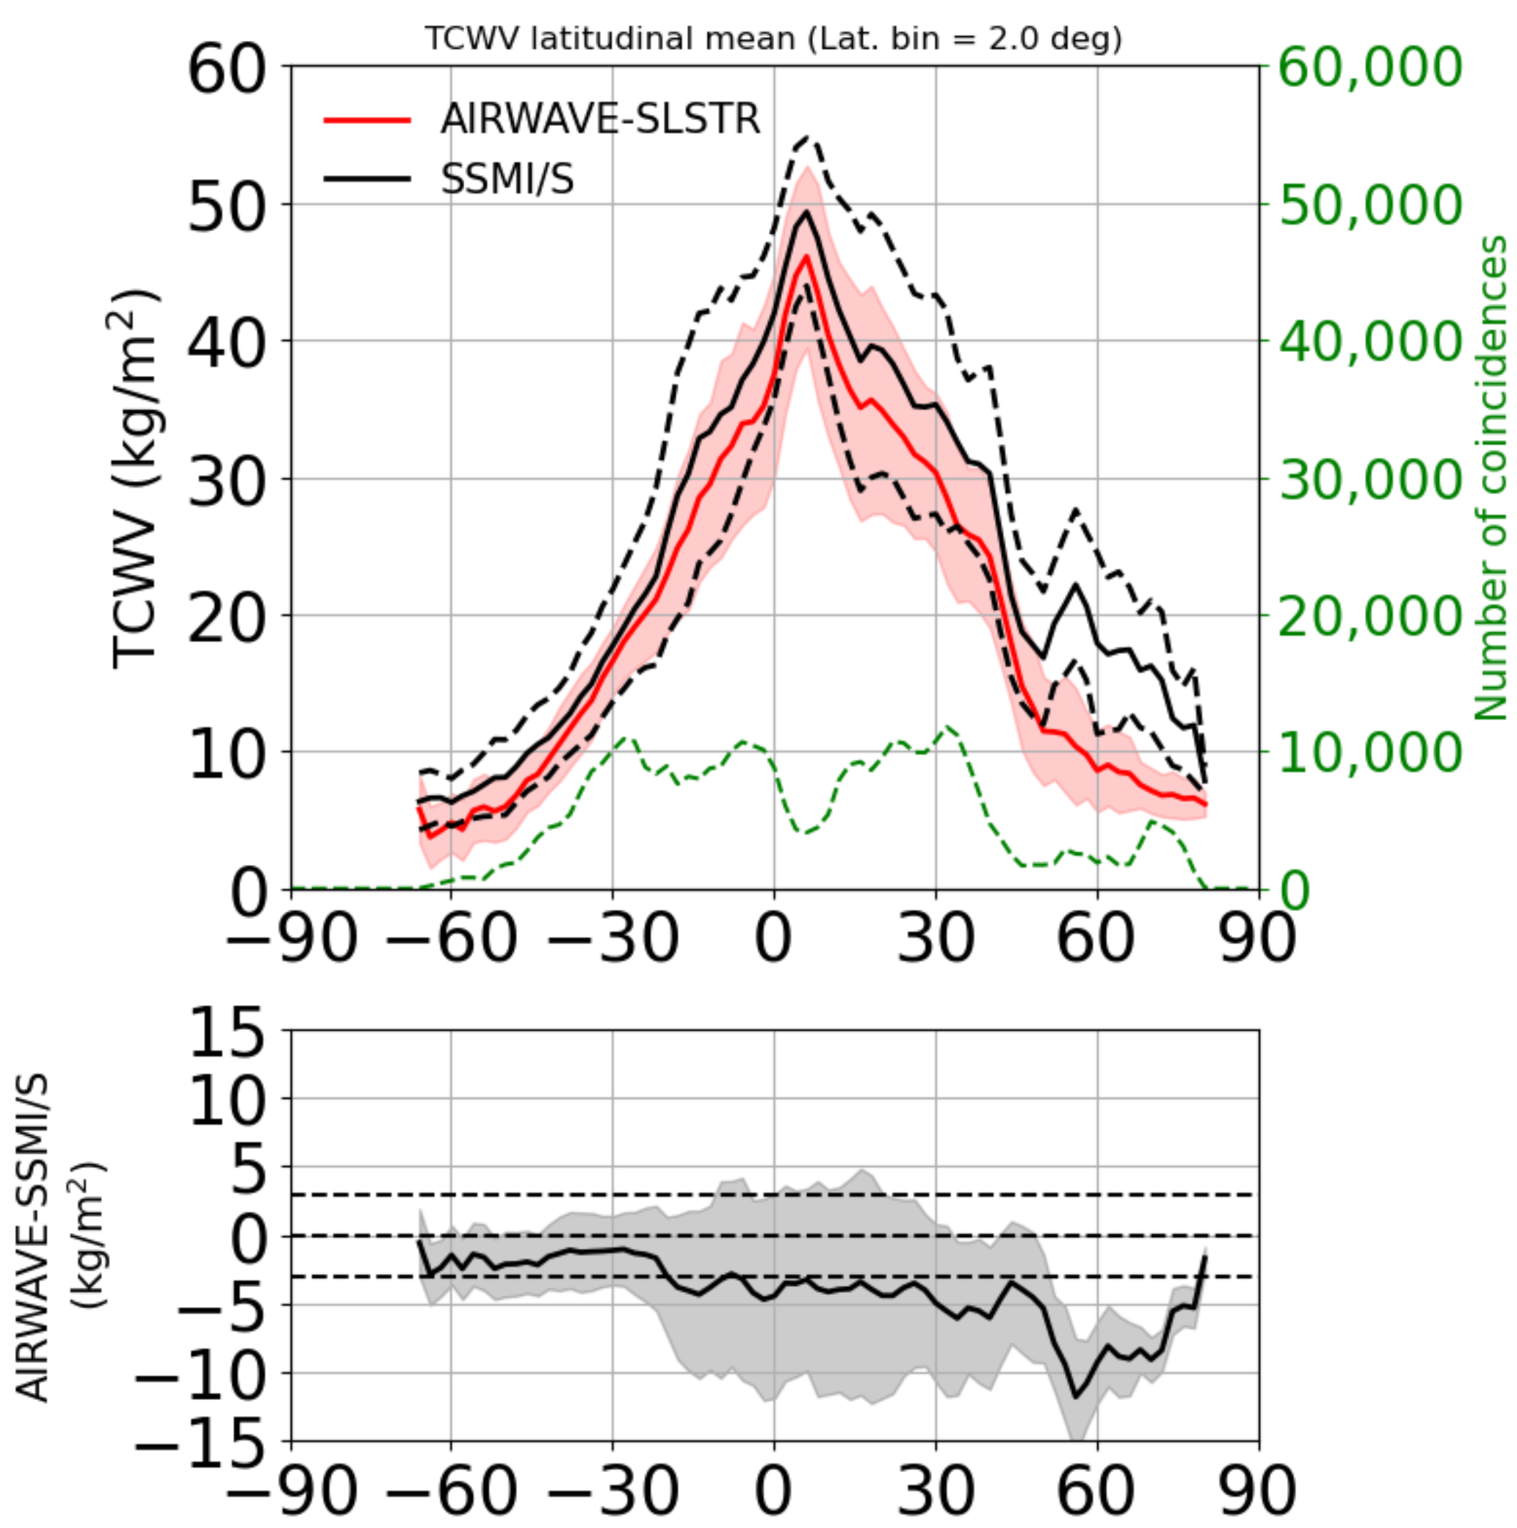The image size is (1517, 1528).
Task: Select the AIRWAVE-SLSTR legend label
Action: [600, 120]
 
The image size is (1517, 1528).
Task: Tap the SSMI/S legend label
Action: [507, 179]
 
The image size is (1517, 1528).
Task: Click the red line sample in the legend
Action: [368, 120]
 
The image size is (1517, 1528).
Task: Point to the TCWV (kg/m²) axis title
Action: [135, 479]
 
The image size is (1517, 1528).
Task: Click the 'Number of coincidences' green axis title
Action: [1491, 479]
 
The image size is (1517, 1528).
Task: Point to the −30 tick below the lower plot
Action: [612, 1491]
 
